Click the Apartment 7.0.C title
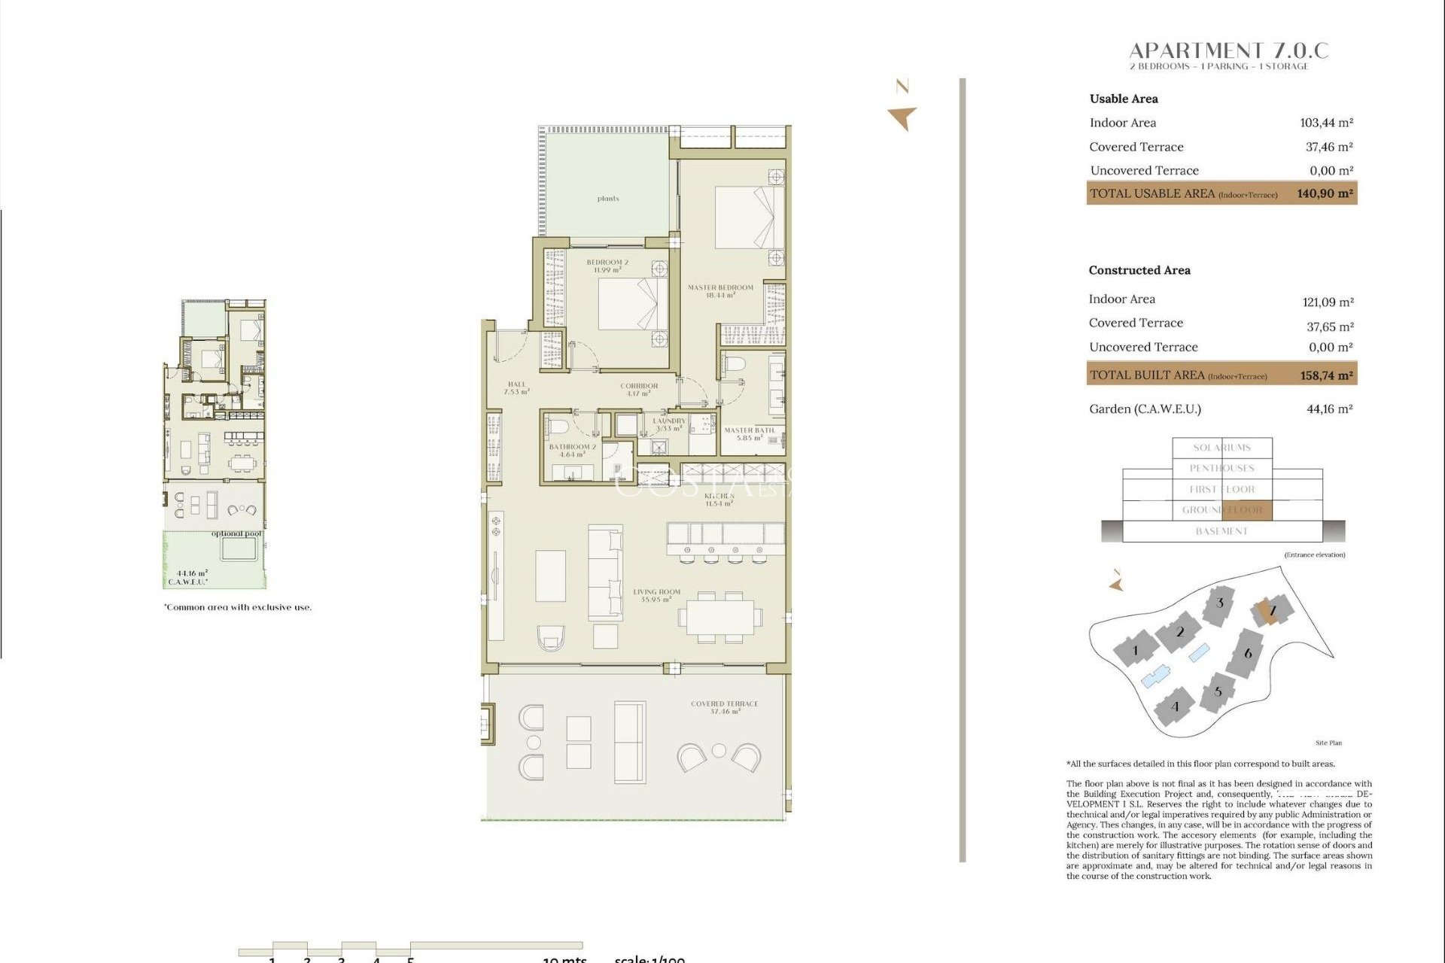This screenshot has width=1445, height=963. [x=1228, y=51]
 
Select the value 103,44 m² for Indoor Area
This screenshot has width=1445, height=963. [x=1326, y=123]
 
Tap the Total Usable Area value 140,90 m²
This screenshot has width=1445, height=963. [x=1325, y=193]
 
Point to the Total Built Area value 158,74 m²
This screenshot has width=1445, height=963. [x=1326, y=375]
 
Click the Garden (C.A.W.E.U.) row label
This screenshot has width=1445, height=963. [x=1145, y=409]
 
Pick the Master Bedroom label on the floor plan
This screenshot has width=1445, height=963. [x=720, y=291]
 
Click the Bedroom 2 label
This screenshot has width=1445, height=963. [x=607, y=266]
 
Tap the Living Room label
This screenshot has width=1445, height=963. [x=656, y=595]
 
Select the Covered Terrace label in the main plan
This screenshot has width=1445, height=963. [x=724, y=707]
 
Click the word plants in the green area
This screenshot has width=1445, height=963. [x=608, y=199]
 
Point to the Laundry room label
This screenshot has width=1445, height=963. [x=669, y=424]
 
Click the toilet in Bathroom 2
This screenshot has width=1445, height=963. [x=558, y=427]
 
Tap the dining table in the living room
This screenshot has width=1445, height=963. [x=719, y=618]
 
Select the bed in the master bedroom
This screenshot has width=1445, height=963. [x=748, y=217]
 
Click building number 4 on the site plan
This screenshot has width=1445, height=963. [x=1174, y=706]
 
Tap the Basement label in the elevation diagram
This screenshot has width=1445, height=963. [x=1221, y=531]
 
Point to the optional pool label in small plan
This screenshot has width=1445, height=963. [x=236, y=533]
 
